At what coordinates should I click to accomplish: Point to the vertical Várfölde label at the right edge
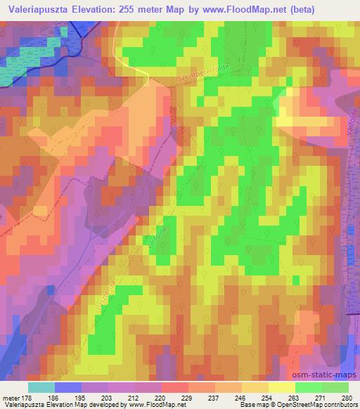(351, 124)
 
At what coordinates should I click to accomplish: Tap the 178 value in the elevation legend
(22, 398)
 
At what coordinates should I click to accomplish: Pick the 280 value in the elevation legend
(347, 398)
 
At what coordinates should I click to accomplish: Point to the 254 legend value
(266, 398)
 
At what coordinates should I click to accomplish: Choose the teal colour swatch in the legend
(41, 387)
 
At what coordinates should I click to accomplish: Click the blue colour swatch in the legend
(68, 387)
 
